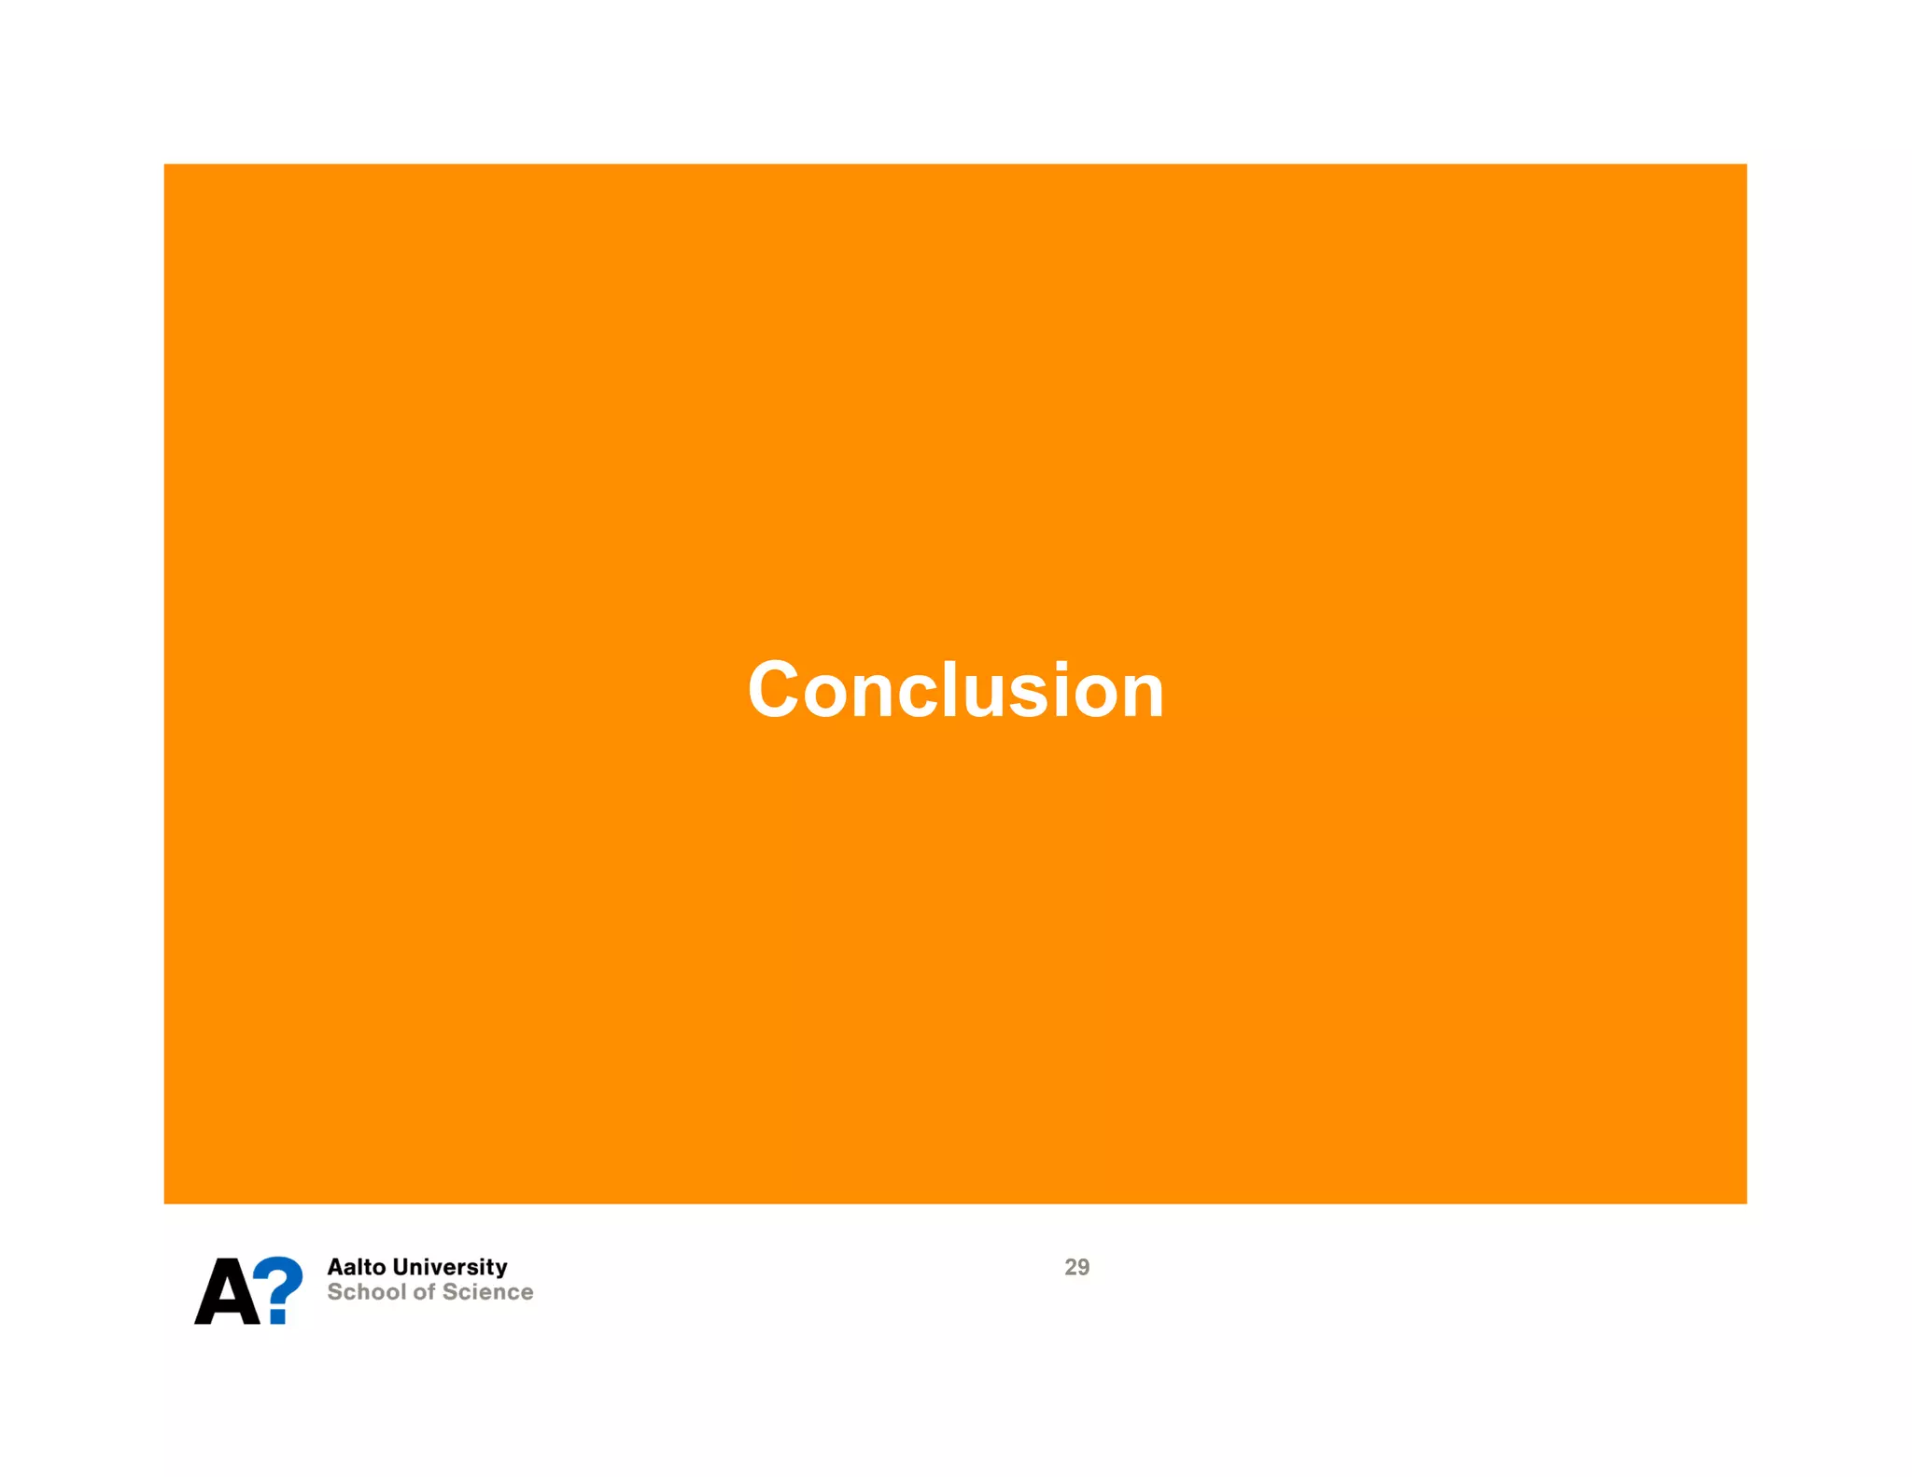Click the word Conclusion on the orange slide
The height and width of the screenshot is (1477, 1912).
click(x=955, y=690)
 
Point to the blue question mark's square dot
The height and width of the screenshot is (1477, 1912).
click(x=277, y=1315)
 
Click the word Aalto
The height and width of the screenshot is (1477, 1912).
click(x=356, y=1267)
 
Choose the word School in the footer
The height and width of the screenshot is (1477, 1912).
click(x=366, y=1292)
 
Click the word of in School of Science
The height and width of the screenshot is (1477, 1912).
click(x=425, y=1292)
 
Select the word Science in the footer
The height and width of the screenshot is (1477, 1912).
click(x=488, y=1292)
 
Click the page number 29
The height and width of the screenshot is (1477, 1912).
click(x=1076, y=1267)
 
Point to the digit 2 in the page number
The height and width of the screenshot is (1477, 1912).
click(x=1070, y=1267)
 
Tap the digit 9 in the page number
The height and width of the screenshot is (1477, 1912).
click(x=1083, y=1267)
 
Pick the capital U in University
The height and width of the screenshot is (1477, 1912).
click(x=401, y=1267)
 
